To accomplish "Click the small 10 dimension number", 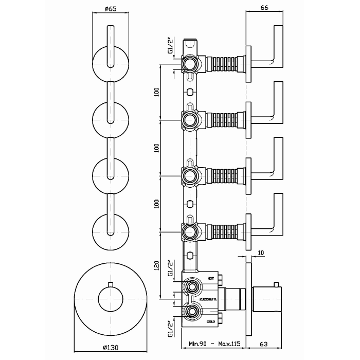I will click(x=262, y=254).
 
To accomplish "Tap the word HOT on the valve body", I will click(x=210, y=278).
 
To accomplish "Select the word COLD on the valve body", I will click(x=211, y=321).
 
